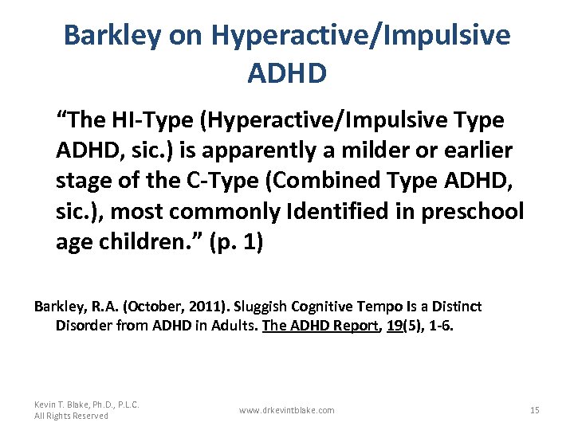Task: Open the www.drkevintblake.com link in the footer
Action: (287, 410)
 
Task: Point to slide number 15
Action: (534, 410)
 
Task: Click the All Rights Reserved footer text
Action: (71, 416)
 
